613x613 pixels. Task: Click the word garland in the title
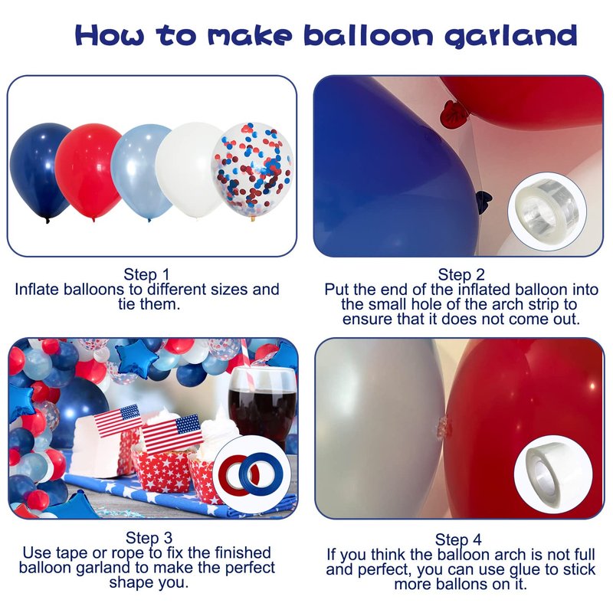[511, 36]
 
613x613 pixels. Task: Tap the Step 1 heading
[146, 274]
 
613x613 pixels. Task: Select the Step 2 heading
[461, 274]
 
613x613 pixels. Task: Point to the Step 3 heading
[149, 538]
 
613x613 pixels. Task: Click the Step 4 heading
[458, 539]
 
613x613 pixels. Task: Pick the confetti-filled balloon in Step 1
[253, 171]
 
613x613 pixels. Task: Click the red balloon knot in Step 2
[453, 113]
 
